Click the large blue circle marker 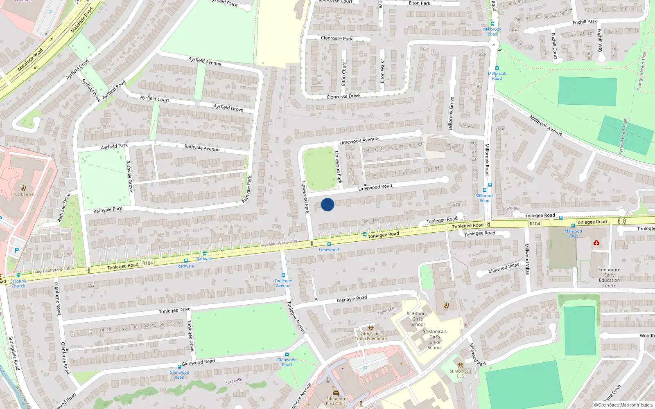327,204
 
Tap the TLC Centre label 23,194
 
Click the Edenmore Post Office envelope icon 336,393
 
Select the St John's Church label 18,283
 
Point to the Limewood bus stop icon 329,244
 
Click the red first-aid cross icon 596,243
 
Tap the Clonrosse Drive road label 343,97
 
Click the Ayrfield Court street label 155,99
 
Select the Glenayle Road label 352,299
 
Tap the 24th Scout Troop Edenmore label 371,336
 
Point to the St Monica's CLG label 461,373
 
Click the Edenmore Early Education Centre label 609,277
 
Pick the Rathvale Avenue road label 202,148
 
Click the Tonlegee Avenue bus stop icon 283,276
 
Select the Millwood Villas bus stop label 573,234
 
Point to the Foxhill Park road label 585,22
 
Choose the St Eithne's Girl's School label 418,319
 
